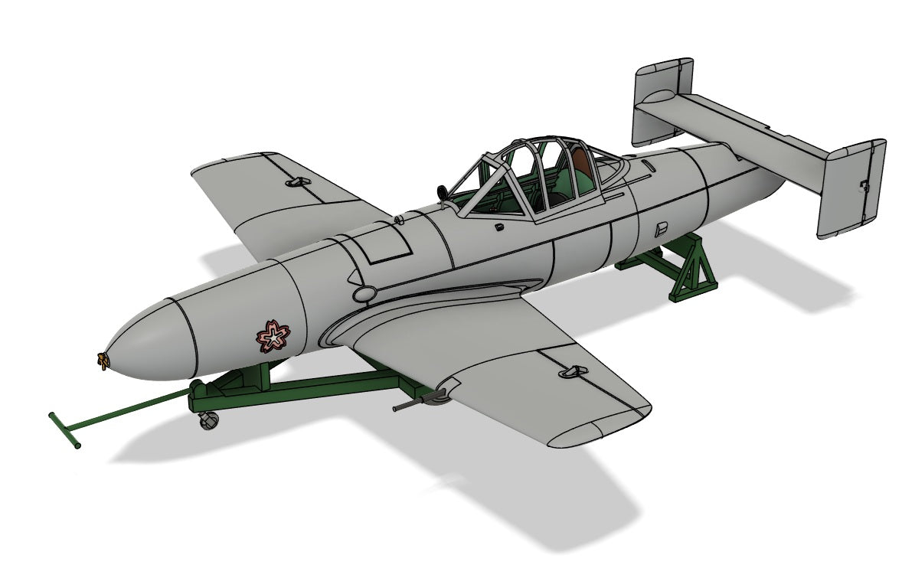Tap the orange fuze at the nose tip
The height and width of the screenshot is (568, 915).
(101, 360)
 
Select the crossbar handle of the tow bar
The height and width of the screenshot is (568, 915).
(64, 430)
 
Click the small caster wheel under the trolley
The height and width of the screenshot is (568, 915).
(208, 419)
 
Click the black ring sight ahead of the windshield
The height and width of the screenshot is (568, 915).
(443, 193)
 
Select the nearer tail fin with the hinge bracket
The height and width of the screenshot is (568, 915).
(851, 188)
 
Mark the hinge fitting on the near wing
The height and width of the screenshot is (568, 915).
(570, 371)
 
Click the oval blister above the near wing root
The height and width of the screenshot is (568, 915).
(365, 292)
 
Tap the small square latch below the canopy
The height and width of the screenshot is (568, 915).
(498, 227)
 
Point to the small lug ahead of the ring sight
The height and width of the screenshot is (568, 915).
(396, 220)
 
